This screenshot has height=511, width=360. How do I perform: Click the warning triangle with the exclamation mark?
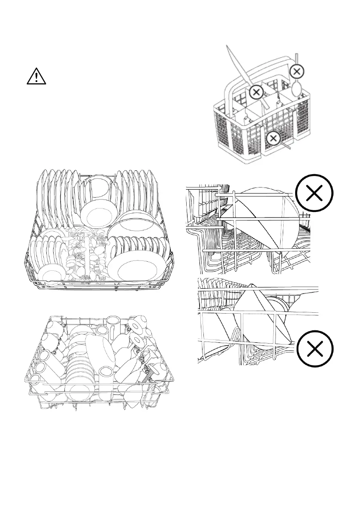38,76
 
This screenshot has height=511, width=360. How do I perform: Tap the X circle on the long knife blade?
256,92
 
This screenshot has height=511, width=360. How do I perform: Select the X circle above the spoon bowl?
297,71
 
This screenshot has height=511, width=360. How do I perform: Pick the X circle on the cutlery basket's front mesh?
273,138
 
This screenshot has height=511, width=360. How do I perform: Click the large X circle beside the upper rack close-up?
315,194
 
